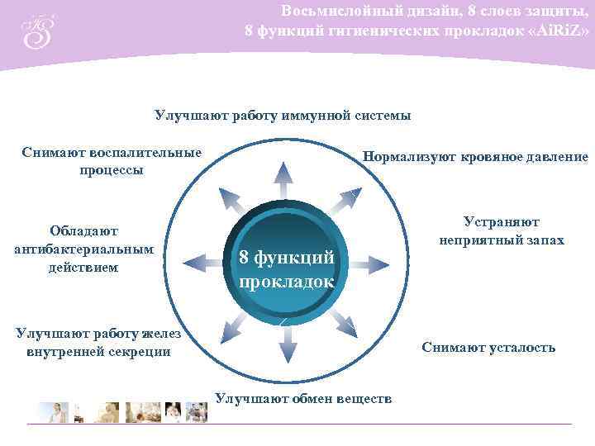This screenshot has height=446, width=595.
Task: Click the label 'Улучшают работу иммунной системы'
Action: [283, 115]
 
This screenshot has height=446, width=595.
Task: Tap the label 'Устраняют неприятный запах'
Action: [501, 231]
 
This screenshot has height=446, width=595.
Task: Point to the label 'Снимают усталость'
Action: [488, 347]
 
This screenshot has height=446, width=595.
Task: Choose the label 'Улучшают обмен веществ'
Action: [302, 398]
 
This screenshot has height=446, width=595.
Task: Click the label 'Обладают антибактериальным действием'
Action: [83, 249]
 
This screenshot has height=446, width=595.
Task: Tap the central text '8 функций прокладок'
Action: [286, 269]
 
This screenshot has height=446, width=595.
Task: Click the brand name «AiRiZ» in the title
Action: [559, 31]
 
